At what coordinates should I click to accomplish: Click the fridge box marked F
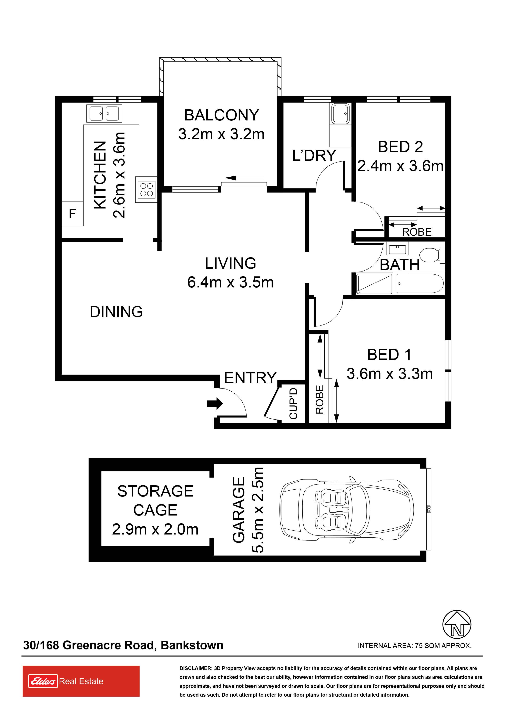pos(72,213)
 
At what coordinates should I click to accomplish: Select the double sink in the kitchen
pos(104,114)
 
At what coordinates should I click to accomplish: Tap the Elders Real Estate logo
pos(81,681)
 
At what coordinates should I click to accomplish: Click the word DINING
pos(116,312)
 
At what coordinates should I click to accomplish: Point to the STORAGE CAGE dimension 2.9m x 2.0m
pos(155,529)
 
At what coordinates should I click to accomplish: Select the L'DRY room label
pos(314,155)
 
